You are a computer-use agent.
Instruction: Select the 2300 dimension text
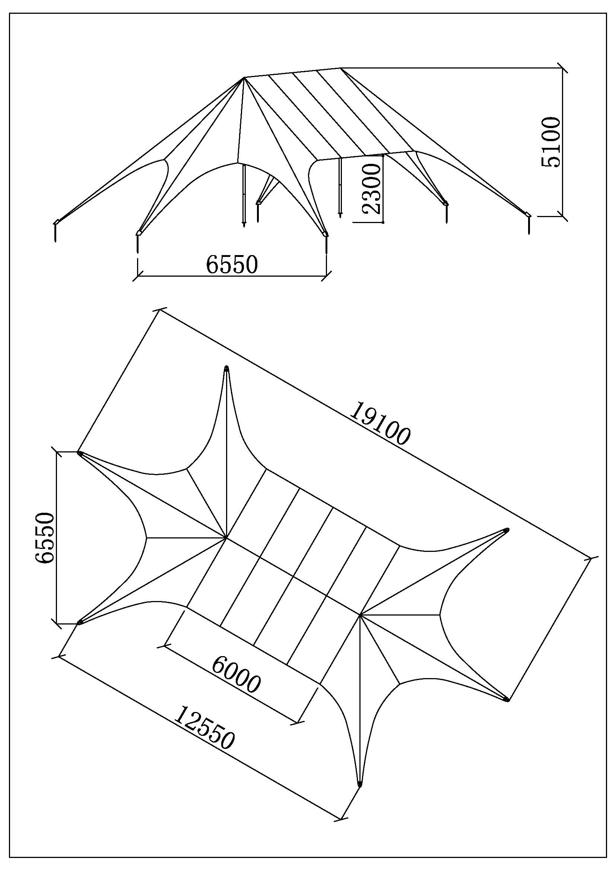tap(371, 188)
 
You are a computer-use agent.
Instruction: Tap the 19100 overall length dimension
tap(380, 423)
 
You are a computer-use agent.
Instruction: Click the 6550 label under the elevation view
tap(232, 264)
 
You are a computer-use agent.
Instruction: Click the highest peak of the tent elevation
tap(341, 68)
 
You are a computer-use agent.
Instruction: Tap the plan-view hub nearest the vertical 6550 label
tap(226, 538)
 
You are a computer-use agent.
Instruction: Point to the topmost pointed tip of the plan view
tap(227, 367)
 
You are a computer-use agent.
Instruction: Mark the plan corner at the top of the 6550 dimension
tap(79, 452)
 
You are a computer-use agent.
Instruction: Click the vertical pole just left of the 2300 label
tap(340, 187)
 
